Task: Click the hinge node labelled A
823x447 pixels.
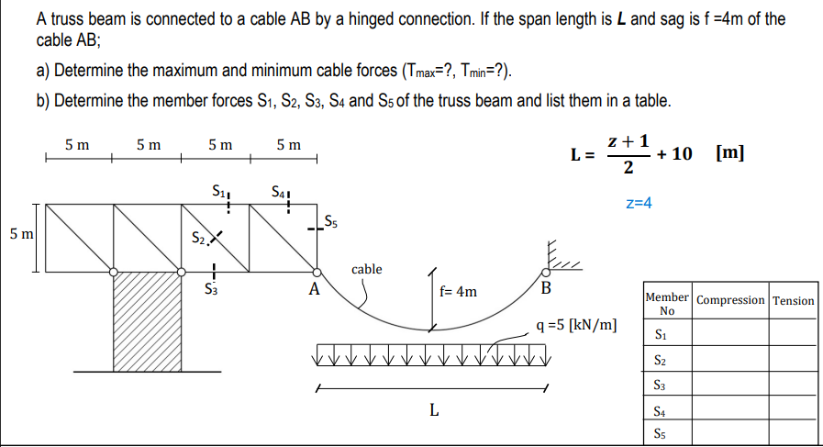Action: (x=317, y=272)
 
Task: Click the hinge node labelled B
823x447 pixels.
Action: (x=546, y=272)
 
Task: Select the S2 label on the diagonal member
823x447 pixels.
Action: (x=198, y=239)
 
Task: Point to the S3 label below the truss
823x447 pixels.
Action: (x=210, y=288)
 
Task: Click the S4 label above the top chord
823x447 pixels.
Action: (x=279, y=192)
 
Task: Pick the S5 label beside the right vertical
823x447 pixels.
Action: (x=330, y=221)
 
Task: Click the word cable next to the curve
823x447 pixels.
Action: (x=366, y=269)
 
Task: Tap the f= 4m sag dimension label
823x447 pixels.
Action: (x=458, y=291)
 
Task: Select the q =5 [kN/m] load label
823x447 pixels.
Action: (x=576, y=325)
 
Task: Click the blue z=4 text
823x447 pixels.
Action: (x=639, y=203)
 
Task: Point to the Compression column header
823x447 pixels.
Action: (x=730, y=300)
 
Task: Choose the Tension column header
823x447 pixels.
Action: (x=793, y=300)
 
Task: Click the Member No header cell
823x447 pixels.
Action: (x=667, y=304)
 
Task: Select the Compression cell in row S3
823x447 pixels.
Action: (x=730, y=384)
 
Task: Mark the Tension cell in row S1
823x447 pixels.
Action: (x=793, y=332)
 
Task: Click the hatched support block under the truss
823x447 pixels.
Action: (x=148, y=322)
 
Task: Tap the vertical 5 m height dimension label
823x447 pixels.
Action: (x=21, y=234)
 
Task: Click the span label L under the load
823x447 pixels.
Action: (x=434, y=409)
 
